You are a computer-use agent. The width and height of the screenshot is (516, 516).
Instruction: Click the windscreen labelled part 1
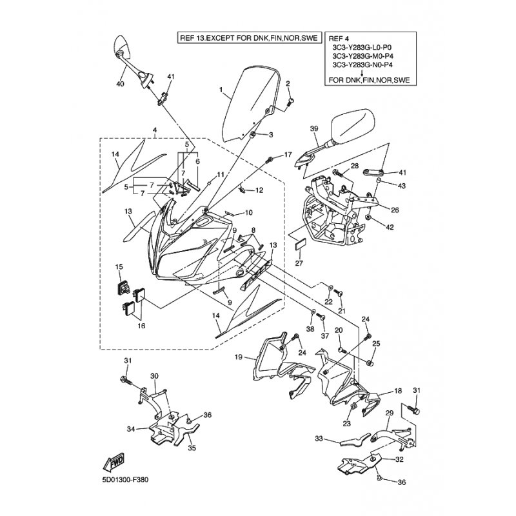pos(252,106)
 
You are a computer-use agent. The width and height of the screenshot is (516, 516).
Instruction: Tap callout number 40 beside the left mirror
pos(120,84)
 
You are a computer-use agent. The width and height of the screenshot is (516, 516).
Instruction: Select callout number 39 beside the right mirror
pos(314,128)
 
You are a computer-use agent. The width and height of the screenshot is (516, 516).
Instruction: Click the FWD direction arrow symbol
pos(114,462)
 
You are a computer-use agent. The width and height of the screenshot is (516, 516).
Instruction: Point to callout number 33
pos(317,439)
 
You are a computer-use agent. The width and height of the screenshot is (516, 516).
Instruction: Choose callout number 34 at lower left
pos(130,428)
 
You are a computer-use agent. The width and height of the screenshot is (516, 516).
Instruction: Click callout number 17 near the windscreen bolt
pos(288,154)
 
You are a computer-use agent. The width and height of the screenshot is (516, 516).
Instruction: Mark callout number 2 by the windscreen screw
pos(288,83)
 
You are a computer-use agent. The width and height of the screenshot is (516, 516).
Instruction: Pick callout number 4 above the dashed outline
pos(155,130)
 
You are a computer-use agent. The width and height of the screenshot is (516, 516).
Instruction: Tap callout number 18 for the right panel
pos(398,391)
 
